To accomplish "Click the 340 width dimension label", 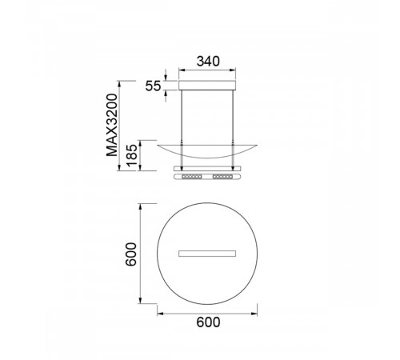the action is coord(208,62).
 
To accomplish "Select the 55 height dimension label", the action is coord(153,86).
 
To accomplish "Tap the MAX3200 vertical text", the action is coord(112,125).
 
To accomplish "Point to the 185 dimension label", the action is coord(132,156).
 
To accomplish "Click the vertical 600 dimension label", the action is coord(131,254).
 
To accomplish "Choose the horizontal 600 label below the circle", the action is coord(208,322).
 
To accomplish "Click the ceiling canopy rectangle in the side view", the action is coord(207,85).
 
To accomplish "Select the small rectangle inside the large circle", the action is coord(207,254).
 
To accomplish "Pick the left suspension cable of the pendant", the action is coord(182,130).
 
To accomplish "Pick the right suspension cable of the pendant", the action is coord(233,130).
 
